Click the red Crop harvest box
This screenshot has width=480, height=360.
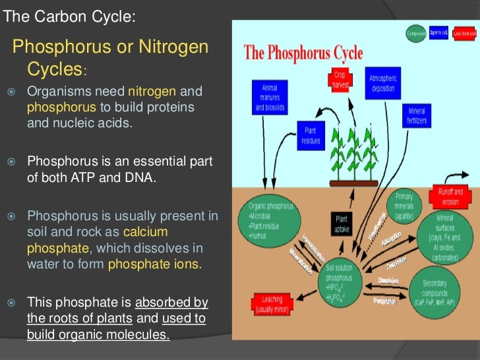[x=340, y=80]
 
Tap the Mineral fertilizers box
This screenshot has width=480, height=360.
[x=416, y=117]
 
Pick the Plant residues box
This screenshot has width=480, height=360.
[x=311, y=135]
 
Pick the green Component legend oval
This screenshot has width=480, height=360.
[x=415, y=33]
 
